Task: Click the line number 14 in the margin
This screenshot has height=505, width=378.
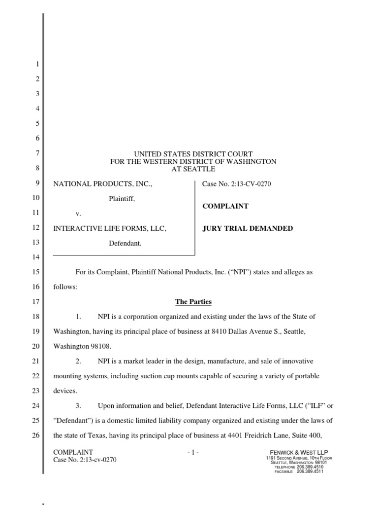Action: tap(35, 257)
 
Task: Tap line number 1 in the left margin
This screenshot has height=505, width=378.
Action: tap(37, 65)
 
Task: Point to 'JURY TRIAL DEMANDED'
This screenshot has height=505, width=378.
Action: tap(248, 228)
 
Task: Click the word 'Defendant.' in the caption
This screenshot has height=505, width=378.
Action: tap(125, 243)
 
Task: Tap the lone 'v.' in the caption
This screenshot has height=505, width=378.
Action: tap(78, 214)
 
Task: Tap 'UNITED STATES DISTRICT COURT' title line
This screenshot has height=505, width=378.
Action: tap(193, 154)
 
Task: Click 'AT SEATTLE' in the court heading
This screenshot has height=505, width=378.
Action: tap(193, 169)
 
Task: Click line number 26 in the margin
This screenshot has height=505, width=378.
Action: tap(35, 434)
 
